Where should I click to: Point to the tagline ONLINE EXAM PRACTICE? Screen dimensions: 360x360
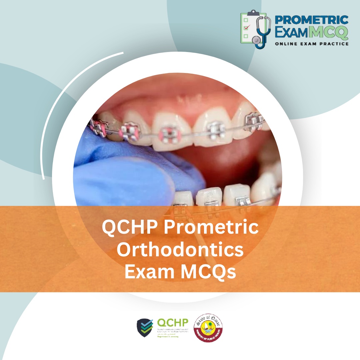(x=311, y=44)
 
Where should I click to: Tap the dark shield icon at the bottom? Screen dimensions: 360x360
(x=145, y=328)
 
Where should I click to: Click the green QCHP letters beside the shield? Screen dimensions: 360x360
(x=172, y=323)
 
